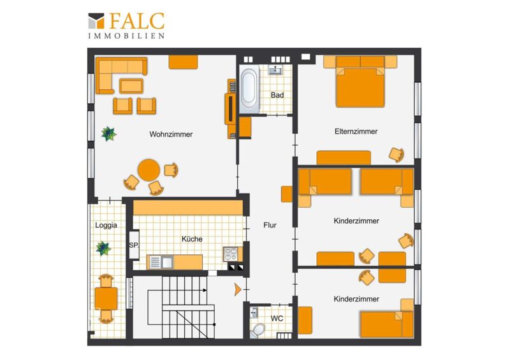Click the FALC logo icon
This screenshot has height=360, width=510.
coord(96,20)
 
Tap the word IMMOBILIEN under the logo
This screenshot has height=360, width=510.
coord(126,36)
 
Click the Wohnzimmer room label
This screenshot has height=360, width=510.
coord(171,134)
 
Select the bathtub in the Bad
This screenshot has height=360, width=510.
coord(249,89)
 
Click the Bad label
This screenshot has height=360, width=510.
coord(277,96)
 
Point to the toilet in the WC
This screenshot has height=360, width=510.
coord(258,330)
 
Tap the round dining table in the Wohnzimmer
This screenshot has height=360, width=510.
coord(149,170)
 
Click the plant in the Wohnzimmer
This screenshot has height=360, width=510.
coord(108,134)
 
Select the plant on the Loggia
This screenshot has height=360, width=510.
coord(103,248)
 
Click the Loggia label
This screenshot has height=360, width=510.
coord(106,225)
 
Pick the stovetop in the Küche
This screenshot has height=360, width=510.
coord(231,254)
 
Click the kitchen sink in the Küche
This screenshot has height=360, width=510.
coord(161,262)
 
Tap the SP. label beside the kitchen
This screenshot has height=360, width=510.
coord(134,245)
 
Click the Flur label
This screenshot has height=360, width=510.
coord(270,225)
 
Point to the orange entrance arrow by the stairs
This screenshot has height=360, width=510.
coord(238,289)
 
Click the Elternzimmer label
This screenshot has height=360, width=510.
coord(356,131)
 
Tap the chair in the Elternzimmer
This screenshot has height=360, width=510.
coord(397,155)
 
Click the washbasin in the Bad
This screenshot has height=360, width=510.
coord(275,69)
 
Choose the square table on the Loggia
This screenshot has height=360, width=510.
coord(106,299)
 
